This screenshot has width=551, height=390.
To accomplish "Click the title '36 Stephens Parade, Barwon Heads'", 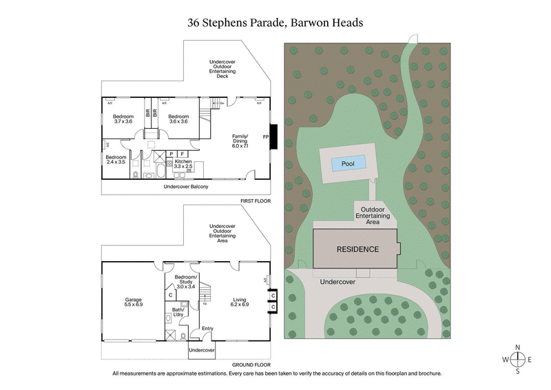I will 275,22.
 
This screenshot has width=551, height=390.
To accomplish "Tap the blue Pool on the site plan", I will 347,164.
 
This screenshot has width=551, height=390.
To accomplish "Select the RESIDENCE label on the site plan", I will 357,249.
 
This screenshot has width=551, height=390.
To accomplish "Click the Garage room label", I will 134,302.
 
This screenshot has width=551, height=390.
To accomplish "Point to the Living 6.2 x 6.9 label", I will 240,302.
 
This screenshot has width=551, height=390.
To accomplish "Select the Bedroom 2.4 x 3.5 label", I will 116,160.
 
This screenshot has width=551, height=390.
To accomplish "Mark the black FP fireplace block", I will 274,136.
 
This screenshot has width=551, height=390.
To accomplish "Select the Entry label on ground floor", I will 207,328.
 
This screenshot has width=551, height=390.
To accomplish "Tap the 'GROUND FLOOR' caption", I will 251,365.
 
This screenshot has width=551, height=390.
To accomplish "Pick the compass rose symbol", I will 518,358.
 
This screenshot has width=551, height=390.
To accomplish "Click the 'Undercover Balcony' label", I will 186,187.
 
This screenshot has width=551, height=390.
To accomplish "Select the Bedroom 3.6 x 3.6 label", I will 178,119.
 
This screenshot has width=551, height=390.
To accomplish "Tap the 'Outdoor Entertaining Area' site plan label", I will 373,216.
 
